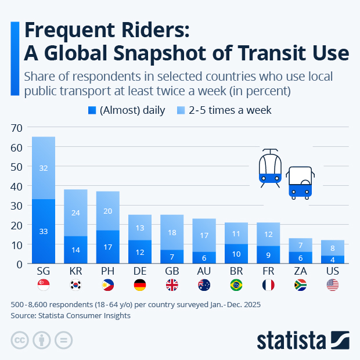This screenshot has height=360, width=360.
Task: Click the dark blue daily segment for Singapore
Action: (44, 231)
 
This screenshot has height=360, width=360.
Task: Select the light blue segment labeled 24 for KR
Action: (75, 213)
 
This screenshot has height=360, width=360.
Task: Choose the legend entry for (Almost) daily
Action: (126, 110)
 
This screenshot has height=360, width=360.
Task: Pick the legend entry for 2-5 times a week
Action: (224, 110)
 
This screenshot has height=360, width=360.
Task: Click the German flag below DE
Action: (139, 285)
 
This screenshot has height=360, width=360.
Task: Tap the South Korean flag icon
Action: (75, 285)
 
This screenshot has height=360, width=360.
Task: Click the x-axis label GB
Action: (171, 272)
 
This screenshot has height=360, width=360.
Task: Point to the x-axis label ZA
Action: (300, 272)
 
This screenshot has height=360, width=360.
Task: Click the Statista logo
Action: (303, 339)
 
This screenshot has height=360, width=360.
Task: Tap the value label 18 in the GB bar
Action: (171, 232)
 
